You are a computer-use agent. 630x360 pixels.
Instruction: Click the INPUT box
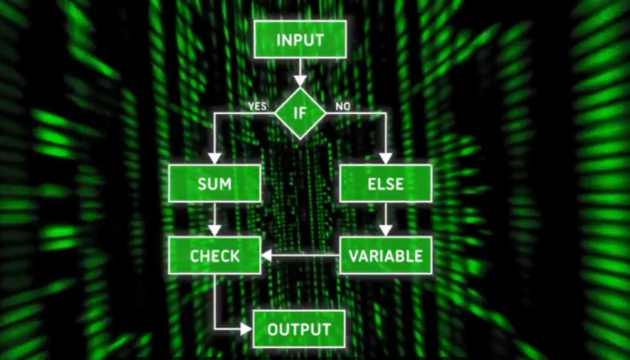[300, 39]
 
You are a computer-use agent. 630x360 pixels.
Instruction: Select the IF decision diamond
[300, 113]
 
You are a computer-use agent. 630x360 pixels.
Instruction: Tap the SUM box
[214, 183]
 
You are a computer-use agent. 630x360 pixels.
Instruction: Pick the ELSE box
[385, 183]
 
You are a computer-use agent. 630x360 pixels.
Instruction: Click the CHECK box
[214, 256]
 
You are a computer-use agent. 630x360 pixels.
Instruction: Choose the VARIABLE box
[385, 256]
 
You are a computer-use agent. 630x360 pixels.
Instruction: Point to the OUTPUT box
[299, 329]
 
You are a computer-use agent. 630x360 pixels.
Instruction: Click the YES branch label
[257, 106]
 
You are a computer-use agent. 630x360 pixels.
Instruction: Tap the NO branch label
[343, 106]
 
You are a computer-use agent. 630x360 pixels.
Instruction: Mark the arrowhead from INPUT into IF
[300, 80]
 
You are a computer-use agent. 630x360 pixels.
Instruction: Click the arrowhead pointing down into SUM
[214, 157]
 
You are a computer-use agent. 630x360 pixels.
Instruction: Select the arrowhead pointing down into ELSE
[385, 157]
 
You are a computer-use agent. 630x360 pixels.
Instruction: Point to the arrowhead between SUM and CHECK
[214, 230]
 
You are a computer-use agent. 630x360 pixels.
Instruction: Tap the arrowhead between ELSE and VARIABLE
[385, 230]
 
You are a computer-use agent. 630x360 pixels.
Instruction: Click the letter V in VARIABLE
[354, 256]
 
